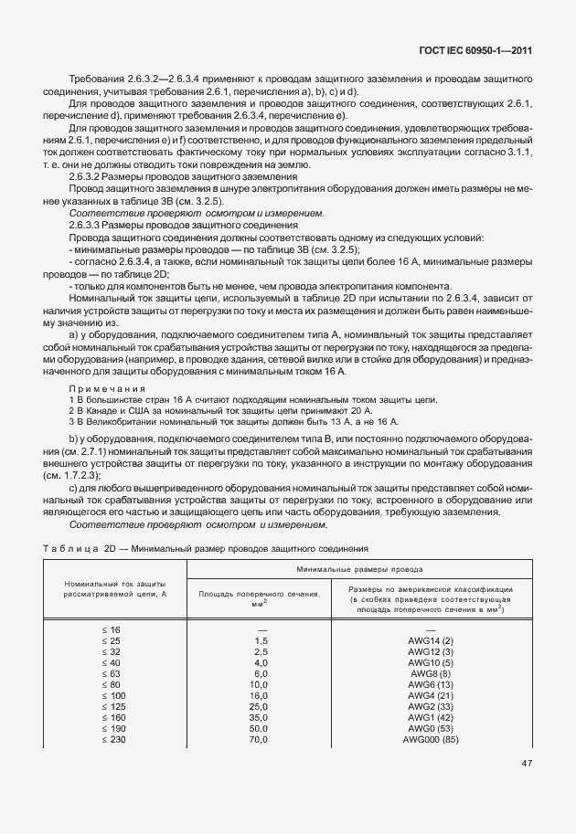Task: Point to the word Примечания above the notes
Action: [x=101, y=389]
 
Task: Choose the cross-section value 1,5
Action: [x=260, y=641]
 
